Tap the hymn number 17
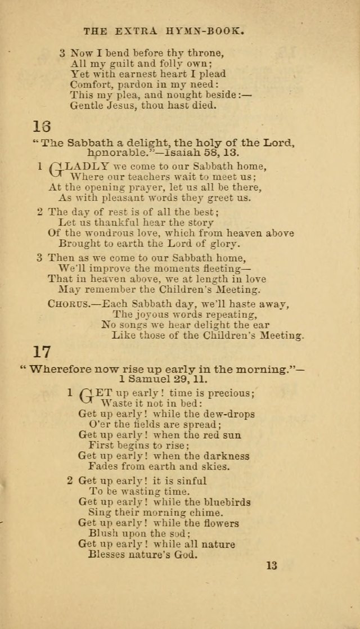[42, 352]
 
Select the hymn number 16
[42, 125]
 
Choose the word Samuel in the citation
[142, 380]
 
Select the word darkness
[224, 456]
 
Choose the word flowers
[219, 523]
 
